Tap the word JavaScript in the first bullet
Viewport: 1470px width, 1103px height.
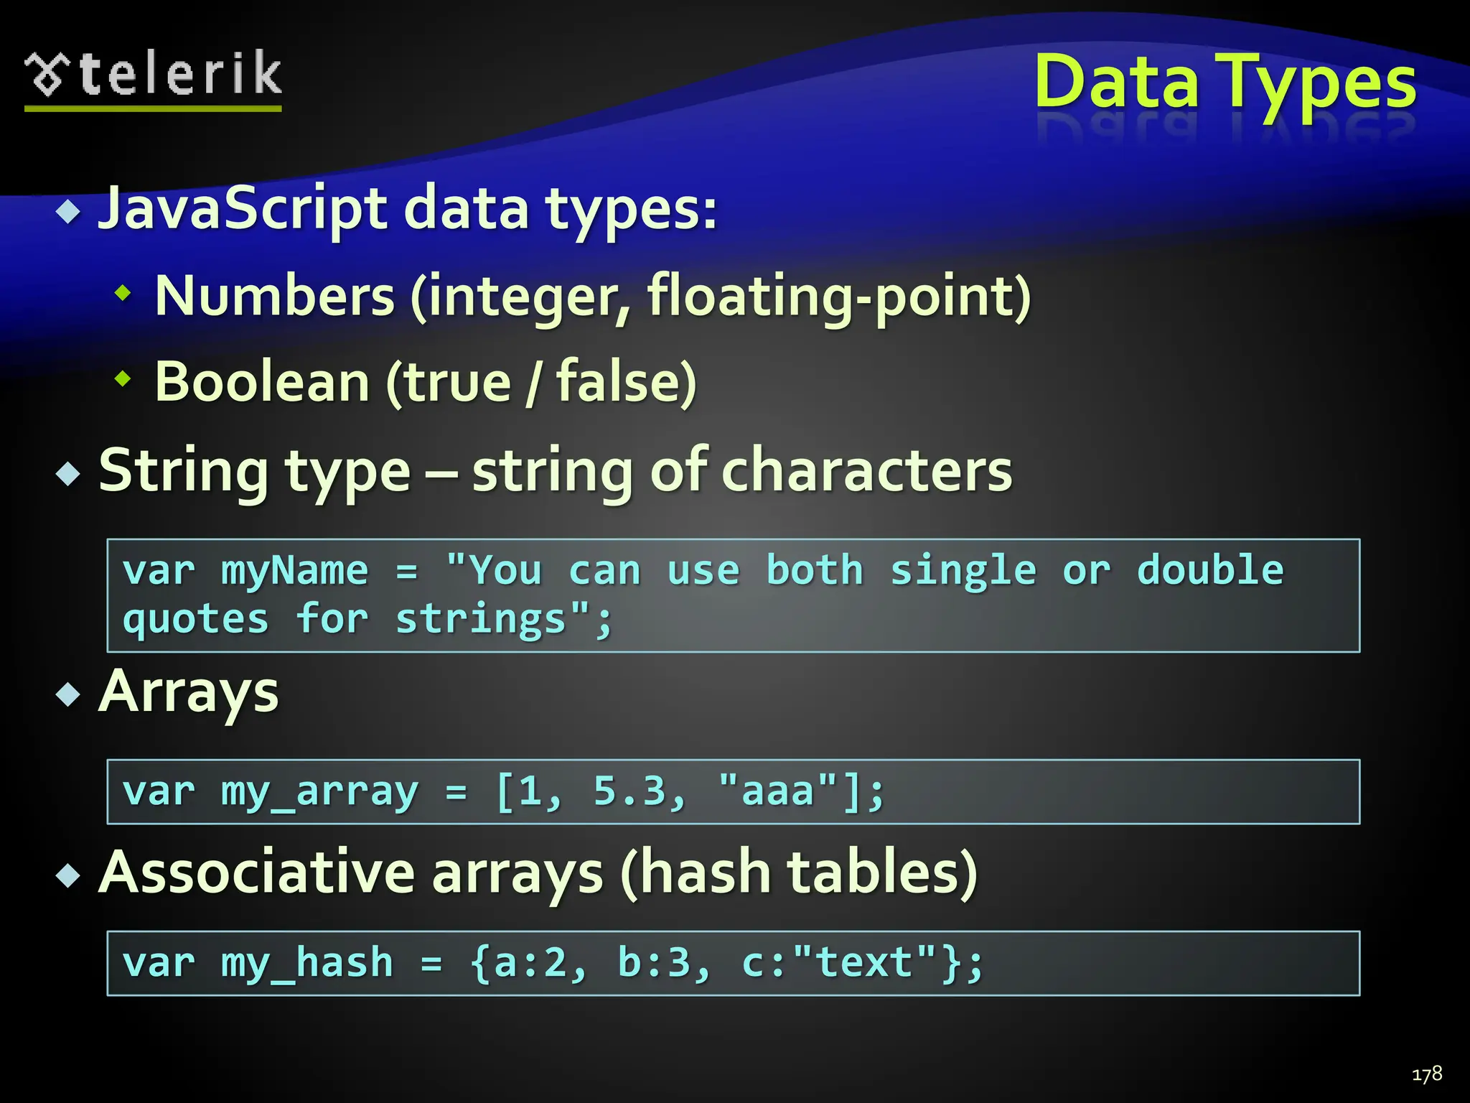(x=243, y=209)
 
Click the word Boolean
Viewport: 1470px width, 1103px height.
(x=262, y=382)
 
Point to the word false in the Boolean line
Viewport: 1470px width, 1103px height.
(x=617, y=382)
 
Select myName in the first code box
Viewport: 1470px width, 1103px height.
(x=294, y=571)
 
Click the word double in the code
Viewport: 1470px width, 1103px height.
(x=1210, y=571)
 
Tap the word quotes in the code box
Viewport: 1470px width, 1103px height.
(x=195, y=619)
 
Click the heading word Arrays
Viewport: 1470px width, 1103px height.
(x=189, y=693)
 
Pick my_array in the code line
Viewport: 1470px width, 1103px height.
(x=319, y=792)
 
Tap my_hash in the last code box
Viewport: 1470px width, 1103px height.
(x=307, y=963)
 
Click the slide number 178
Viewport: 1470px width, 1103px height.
(x=1426, y=1074)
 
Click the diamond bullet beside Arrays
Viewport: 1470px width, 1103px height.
(x=69, y=694)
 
